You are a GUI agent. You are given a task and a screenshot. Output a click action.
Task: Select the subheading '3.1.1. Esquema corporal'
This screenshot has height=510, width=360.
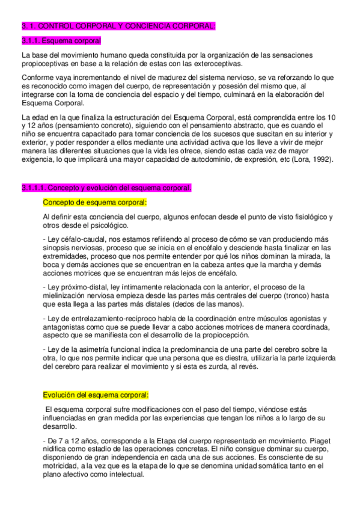(61, 40)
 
